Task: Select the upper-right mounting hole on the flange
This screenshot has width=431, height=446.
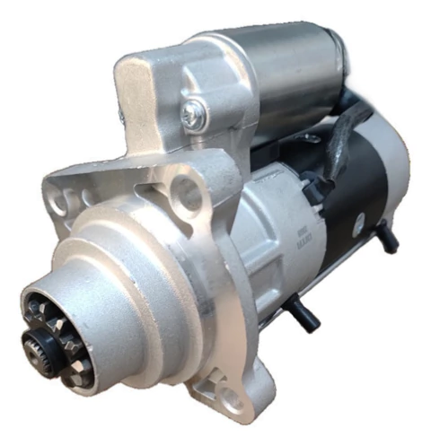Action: point(188,190)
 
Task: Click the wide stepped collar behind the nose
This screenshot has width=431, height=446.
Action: point(135,269)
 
